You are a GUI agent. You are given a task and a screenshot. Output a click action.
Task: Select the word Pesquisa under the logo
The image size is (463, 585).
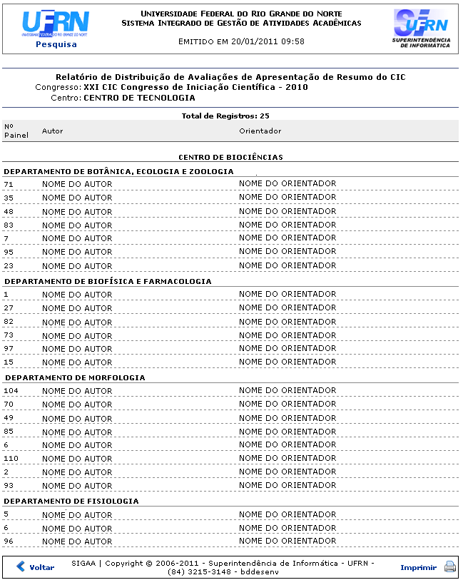tap(56, 44)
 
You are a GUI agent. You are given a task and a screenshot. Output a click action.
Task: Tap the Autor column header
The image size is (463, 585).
tap(53, 131)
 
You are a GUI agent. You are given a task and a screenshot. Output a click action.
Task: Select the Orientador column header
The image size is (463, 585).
tap(260, 131)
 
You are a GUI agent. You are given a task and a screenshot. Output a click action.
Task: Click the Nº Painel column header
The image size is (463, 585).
tap(16, 131)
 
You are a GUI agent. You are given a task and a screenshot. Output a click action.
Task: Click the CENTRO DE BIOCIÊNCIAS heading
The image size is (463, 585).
tap(230, 157)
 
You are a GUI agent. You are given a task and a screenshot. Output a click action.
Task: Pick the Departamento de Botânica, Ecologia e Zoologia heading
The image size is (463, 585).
tap(118, 171)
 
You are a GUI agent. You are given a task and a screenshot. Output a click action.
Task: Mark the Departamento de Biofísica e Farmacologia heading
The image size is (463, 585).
tap(108, 281)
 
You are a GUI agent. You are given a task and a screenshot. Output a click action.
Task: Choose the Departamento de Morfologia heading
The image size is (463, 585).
tap(74, 377)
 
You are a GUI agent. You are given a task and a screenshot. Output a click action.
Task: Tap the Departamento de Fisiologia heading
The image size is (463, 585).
tap(71, 501)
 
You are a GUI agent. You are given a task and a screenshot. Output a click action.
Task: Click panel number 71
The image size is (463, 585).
tap(9, 184)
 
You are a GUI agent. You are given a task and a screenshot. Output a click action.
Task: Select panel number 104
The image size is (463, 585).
tap(11, 391)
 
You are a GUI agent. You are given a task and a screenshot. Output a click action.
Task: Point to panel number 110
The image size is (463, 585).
tap(11, 459)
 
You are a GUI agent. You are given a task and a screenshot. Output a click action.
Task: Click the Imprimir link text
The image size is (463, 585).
tap(418, 567)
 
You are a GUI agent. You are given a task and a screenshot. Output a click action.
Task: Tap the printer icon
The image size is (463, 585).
tap(449, 567)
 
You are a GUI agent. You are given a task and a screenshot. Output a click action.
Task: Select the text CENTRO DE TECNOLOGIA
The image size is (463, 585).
tap(139, 98)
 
